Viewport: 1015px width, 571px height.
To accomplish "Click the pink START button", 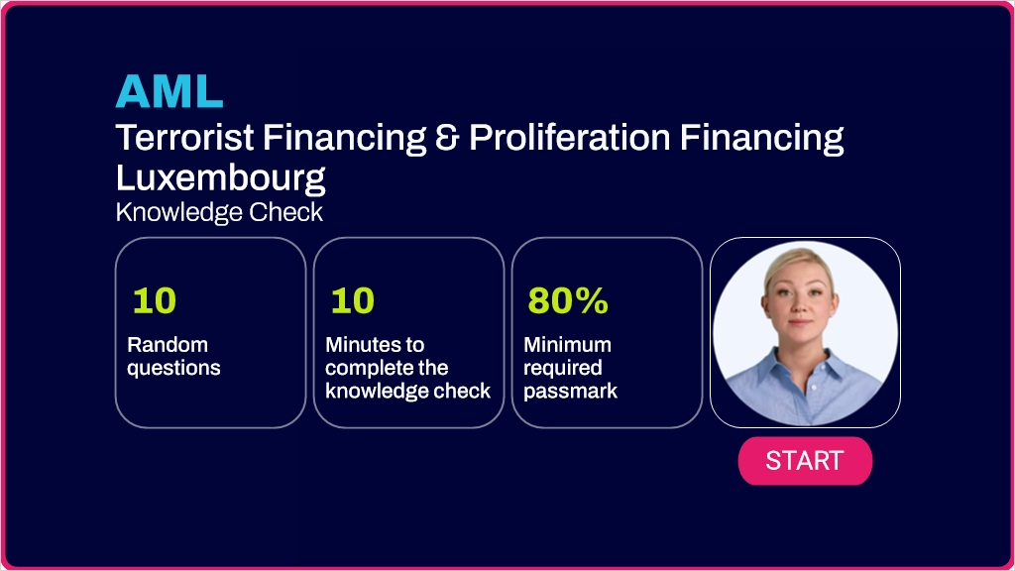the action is pyautogui.click(x=805, y=461).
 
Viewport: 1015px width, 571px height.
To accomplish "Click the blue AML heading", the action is pyautogui.click(x=169, y=91).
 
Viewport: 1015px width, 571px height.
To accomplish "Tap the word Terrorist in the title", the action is pyautogui.click(x=185, y=137).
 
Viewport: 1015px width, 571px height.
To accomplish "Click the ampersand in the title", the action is pyautogui.click(x=446, y=138).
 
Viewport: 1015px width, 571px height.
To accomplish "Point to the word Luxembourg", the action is pyautogui.click(x=221, y=177).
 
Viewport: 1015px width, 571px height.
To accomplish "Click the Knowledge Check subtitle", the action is pyautogui.click(x=219, y=212).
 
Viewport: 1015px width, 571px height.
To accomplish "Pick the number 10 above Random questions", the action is pyautogui.click(x=154, y=301).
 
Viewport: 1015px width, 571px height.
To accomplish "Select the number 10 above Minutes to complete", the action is pyautogui.click(x=352, y=301).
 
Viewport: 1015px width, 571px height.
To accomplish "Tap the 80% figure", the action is pyautogui.click(x=568, y=301).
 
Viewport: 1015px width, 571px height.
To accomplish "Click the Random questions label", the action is pyautogui.click(x=173, y=356).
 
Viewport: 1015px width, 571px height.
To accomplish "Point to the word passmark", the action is pyautogui.click(x=570, y=391).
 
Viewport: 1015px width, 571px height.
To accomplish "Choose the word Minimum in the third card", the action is pyautogui.click(x=567, y=344).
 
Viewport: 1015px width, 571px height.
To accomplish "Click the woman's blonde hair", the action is pyautogui.click(x=798, y=261).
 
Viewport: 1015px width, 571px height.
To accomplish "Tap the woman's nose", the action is pyautogui.click(x=800, y=304).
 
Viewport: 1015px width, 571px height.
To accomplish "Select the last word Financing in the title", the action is pyautogui.click(x=761, y=138).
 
